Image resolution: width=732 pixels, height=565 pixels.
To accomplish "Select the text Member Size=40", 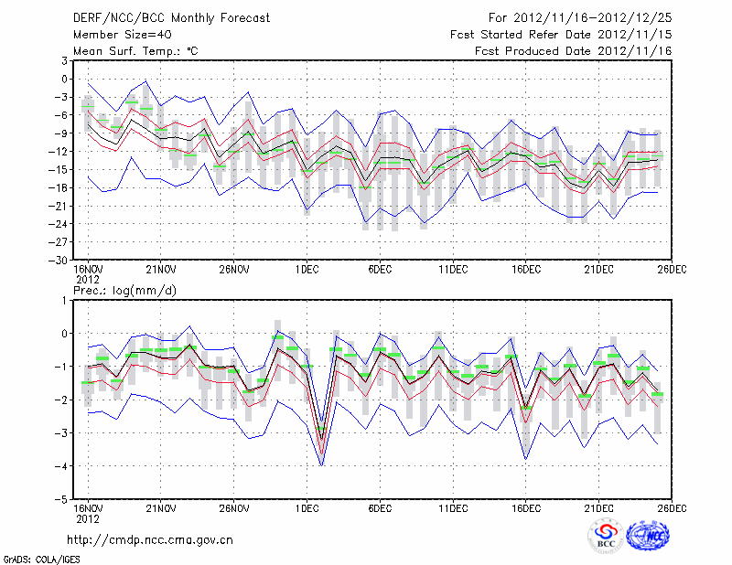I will (x=119, y=34).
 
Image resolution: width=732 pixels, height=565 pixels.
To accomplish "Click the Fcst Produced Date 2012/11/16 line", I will (x=574, y=50).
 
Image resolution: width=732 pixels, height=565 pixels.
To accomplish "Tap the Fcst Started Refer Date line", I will (x=561, y=34).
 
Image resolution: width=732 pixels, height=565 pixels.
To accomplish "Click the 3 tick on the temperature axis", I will (x=65, y=60).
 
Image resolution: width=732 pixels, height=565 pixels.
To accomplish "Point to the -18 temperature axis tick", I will (x=60, y=187).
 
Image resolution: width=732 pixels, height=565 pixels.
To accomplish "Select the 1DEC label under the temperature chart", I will (x=307, y=270).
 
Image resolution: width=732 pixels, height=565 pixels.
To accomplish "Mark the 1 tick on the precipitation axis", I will (x=65, y=300).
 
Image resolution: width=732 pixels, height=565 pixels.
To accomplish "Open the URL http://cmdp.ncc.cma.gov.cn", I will (x=151, y=540).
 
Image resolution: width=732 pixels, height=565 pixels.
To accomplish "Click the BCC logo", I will (x=606, y=537).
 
